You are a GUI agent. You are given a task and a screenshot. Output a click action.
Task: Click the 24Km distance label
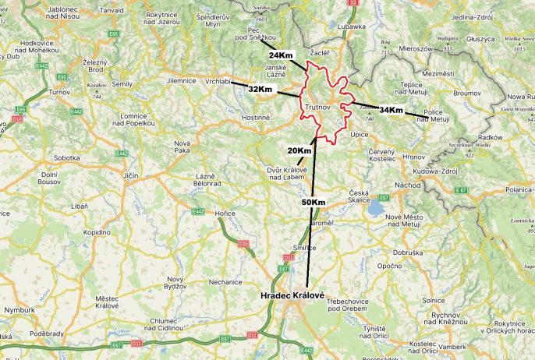(x=281, y=55)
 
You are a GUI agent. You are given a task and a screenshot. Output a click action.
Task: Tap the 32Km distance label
(x=260, y=90)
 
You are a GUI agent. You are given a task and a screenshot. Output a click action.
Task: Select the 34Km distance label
(x=392, y=110)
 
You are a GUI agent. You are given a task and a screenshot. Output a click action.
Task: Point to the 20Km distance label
(x=299, y=150)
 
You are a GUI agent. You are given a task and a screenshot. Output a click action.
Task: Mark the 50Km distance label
(x=313, y=203)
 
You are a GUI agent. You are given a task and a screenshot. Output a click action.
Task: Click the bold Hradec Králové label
(x=292, y=297)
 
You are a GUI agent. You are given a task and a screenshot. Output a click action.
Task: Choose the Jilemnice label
(x=181, y=80)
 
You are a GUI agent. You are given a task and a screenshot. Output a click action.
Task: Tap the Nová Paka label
(x=182, y=147)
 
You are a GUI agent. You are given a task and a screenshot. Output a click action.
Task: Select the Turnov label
(x=59, y=92)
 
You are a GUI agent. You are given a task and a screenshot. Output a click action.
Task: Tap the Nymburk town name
(x=20, y=309)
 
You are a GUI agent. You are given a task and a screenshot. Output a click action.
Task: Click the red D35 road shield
(x=243, y=244)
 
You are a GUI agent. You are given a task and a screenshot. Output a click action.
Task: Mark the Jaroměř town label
(x=321, y=223)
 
